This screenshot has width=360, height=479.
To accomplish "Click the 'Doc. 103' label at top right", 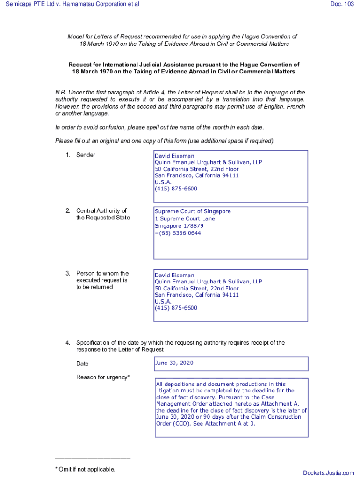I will pyautogui.click(x=342, y=4).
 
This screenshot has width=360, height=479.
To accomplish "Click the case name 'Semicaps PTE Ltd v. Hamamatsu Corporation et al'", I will pyautogui.click(x=72, y=4).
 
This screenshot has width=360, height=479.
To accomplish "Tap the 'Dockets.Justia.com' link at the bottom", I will pyautogui.click(x=328, y=473).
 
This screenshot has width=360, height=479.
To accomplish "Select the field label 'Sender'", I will pyautogui.click(x=86, y=155).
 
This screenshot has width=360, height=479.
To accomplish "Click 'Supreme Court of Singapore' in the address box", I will pyautogui.click(x=193, y=211).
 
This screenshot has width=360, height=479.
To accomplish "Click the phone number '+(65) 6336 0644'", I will pyautogui.click(x=178, y=233).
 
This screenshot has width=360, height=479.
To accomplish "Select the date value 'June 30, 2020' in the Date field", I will pyautogui.click(x=174, y=363).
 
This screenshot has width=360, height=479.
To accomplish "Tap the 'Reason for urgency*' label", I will pyautogui.click(x=103, y=377).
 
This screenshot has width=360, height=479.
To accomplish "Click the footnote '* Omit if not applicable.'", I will pyautogui.click(x=85, y=469).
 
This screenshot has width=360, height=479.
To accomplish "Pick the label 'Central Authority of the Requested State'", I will pyautogui.click(x=103, y=214).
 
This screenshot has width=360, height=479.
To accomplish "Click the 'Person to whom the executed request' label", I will pyautogui.click(x=102, y=276).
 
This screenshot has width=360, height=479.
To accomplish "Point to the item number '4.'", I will pyautogui.click(x=68, y=343).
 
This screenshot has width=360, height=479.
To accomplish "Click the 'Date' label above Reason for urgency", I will pyautogui.click(x=82, y=363).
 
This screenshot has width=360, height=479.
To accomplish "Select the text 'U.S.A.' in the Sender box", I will pyautogui.click(x=163, y=182).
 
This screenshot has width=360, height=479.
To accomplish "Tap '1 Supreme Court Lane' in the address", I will pyautogui.click(x=185, y=218).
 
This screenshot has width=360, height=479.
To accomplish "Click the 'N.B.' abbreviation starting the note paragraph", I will pyautogui.click(x=61, y=93).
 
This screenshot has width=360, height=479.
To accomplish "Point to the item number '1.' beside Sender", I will pyautogui.click(x=68, y=155).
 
